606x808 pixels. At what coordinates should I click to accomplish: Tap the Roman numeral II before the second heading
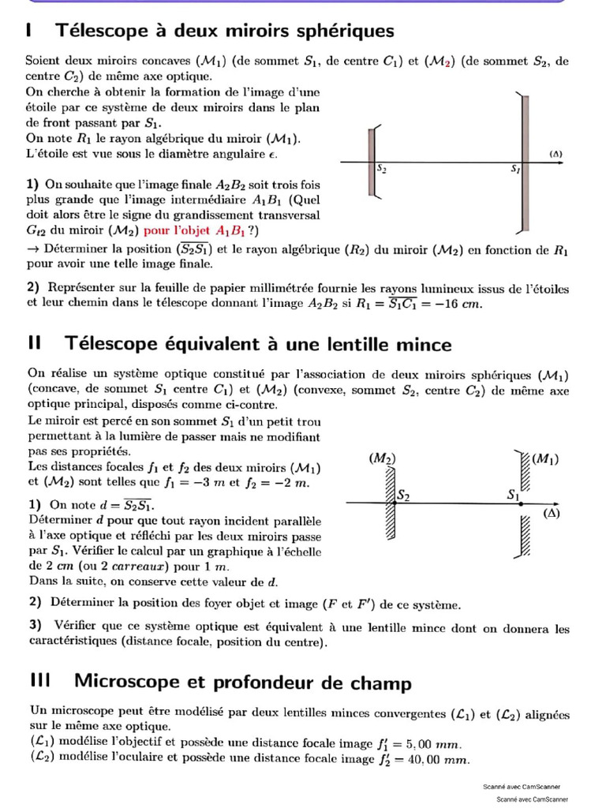(34, 343)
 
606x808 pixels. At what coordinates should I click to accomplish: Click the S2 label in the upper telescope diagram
(382, 169)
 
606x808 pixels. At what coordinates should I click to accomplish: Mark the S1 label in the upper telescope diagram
(517, 169)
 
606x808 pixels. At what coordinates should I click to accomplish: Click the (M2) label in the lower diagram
(382, 458)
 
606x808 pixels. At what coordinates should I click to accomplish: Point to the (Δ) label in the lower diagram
(552, 513)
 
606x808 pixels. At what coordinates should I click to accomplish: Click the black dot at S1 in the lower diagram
(522, 502)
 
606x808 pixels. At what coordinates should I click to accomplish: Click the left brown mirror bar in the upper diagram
(371, 163)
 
